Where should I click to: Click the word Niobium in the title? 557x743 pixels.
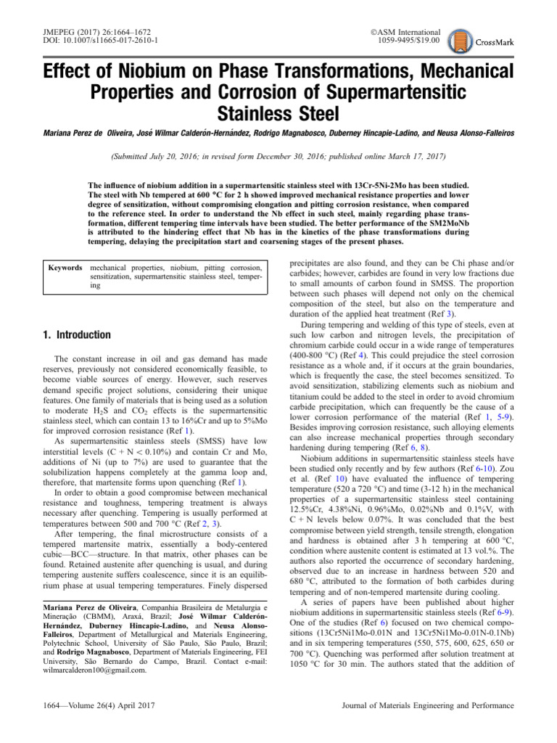point(182,72)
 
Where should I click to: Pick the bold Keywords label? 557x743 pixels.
point(64,268)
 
